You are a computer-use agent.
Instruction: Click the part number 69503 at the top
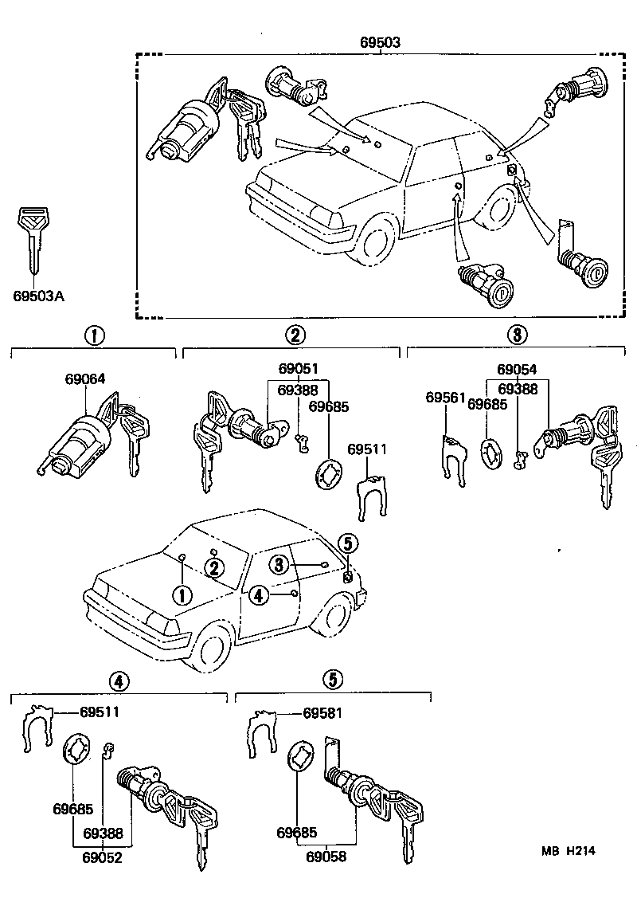click(381, 42)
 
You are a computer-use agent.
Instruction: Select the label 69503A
click(38, 296)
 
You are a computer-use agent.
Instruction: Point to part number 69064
click(85, 380)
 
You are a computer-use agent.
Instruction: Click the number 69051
click(299, 369)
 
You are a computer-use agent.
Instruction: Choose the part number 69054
click(517, 369)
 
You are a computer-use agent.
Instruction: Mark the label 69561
click(444, 397)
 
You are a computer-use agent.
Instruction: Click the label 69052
click(101, 857)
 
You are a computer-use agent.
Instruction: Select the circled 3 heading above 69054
click(516, 335)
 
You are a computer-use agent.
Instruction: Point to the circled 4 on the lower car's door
click(257, 594)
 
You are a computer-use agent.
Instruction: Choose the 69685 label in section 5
click(296, 833)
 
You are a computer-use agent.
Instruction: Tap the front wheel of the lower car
click(213, 650)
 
